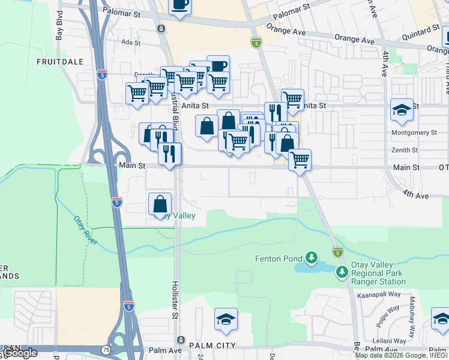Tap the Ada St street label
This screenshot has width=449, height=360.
tap(130, 43)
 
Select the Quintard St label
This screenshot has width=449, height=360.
tap(421, 30)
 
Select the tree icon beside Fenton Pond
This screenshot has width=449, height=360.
tap(311, 258)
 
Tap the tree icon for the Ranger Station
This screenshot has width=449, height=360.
tap(342, 272)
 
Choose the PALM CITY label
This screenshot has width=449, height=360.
tap(212, 346)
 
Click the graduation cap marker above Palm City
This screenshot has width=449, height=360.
tap(226, 320)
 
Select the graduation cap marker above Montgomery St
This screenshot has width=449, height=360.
tap(402, 110)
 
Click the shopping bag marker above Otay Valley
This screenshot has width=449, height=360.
tap(160, 204)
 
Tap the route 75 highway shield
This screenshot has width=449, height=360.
tap(106, 349)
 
